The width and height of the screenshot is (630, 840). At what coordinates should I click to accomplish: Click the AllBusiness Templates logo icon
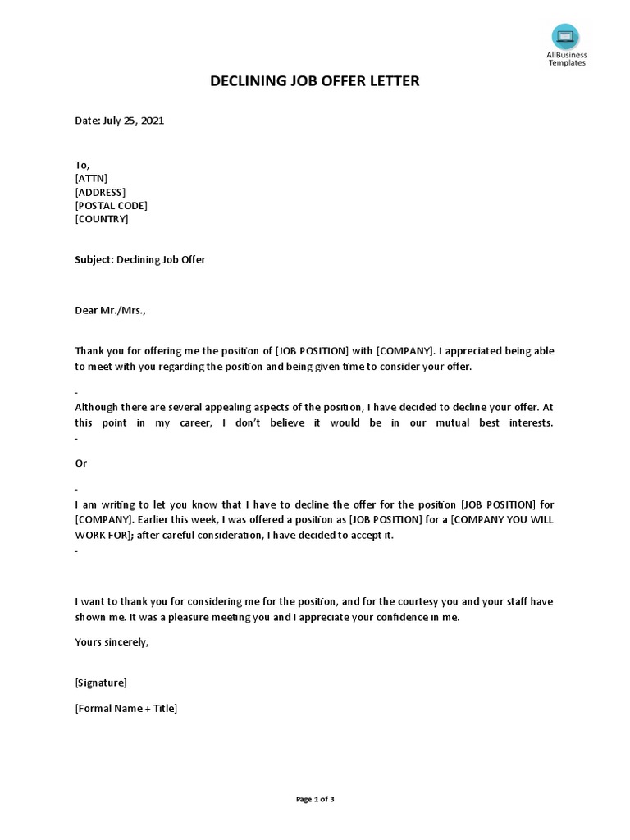click(565, 37)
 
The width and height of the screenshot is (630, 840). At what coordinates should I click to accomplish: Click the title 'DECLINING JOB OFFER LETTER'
click(315, 81)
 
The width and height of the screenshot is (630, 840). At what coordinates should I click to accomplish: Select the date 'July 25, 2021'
click(133, 121)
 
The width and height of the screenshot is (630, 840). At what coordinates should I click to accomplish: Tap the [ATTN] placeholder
click(91, 178)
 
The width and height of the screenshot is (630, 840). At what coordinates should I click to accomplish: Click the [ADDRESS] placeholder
click(100, 192)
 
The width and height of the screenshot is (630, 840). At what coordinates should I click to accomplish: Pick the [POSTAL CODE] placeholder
click(111, 206)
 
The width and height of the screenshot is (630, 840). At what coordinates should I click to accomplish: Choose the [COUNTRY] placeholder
click(102, 219)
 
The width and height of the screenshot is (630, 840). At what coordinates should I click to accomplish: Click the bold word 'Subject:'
click(94, 260)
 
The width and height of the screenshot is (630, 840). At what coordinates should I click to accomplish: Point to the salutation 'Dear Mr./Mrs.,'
click(111, 311)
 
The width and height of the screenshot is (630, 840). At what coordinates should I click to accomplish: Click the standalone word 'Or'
click(81, 463)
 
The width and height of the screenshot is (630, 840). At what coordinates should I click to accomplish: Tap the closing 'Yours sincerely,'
click(112, 641)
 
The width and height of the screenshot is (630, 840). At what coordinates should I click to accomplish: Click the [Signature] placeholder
click(101, 682)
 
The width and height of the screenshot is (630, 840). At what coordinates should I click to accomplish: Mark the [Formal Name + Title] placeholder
click(126, 709)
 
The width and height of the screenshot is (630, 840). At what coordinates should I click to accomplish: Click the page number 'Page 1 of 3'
click(315, 799)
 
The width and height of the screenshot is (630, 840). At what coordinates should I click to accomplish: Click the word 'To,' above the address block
click(82, 165)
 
